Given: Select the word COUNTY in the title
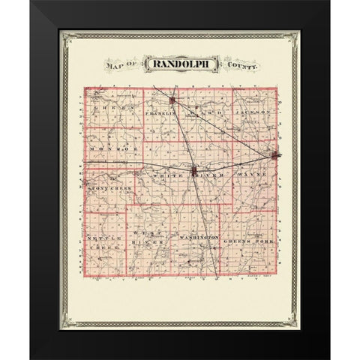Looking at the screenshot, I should click(240, 67).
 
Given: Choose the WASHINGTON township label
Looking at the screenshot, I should click(197, 238).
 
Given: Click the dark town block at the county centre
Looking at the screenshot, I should click(196, 173).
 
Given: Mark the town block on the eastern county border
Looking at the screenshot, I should click(277, 156).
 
